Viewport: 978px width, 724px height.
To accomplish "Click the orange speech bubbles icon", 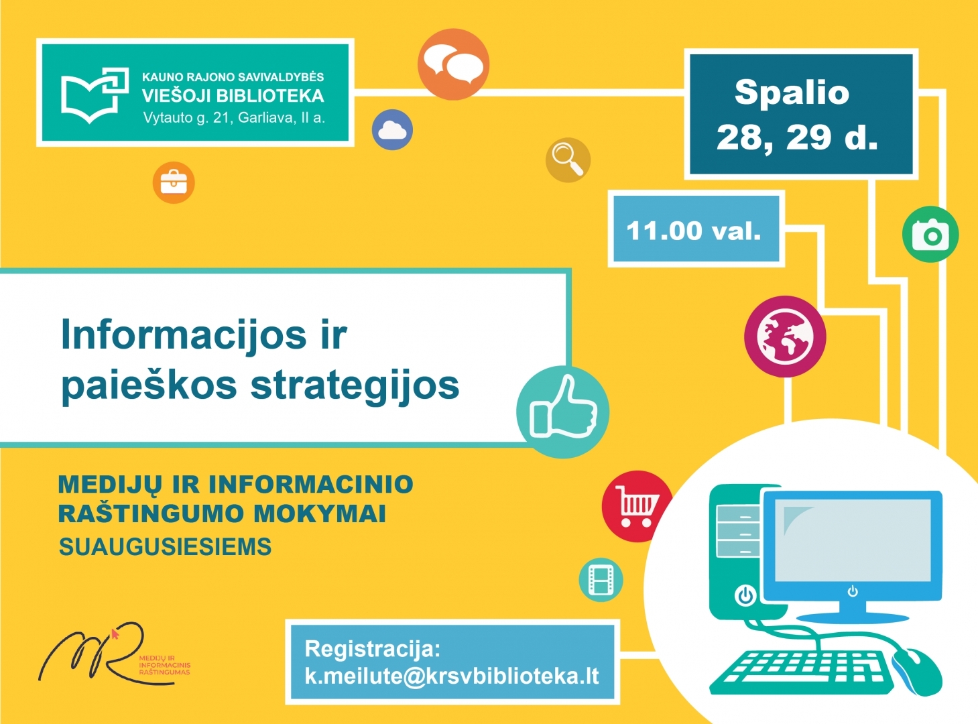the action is point(453,64).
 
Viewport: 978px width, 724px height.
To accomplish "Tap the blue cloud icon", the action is point(392,130).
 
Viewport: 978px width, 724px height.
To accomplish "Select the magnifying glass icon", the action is point(568,160).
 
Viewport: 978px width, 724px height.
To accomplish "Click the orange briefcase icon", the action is point(174,182).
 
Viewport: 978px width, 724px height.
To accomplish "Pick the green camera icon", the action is point(930,234).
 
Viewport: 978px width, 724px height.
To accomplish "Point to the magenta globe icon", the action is point(785,337).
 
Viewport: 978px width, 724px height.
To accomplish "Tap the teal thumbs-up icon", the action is point(562,412).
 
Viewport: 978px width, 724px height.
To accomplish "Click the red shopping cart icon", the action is point(637,506).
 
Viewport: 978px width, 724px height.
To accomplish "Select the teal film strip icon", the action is point(601,580).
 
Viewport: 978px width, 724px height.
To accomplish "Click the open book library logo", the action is point(95,95).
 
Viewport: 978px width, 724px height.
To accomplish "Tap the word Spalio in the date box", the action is point(792,93).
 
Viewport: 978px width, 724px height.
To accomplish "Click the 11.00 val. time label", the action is point(694,231).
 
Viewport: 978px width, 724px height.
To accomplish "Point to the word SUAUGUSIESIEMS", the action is point(166,547).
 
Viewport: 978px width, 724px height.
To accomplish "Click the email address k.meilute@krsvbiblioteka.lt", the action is point(452,676).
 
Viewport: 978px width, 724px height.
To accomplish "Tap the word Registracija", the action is point(373,649).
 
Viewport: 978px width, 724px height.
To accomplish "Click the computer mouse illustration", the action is point(916,672).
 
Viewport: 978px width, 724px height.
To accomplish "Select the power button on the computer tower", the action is point(745,596).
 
